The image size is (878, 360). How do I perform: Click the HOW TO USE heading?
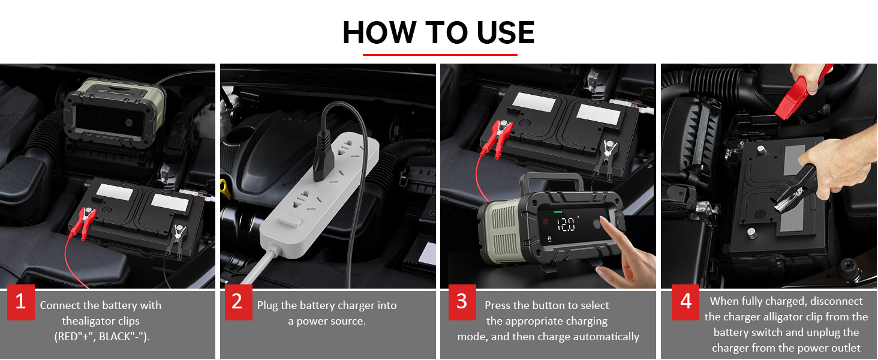(x=438, y=32)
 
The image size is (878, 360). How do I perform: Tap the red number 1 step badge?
(x=21, y=302)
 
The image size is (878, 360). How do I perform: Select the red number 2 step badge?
(x=238, y=302)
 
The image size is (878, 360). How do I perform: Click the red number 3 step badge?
(x=462, y=302)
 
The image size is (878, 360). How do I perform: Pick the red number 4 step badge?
(x=685, y=302)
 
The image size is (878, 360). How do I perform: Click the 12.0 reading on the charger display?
(x=566, y=225)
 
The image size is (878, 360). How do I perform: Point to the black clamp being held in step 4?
(x=796, y=188)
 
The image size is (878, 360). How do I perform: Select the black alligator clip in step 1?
(x=176, y=239)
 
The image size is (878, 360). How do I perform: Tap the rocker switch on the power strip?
(x=290, y=221)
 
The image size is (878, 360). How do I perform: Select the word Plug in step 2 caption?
(x=268, y=306)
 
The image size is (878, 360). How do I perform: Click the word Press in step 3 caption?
(x=498, y=305)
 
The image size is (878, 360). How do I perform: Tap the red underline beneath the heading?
(x=440, y=55)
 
